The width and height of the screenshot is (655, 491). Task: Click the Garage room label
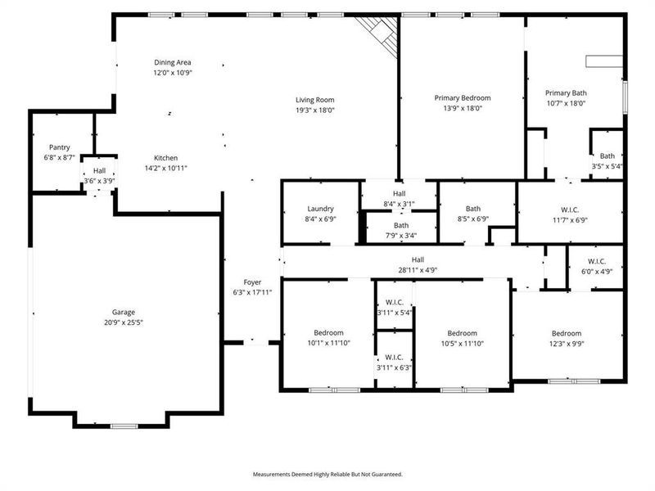124,312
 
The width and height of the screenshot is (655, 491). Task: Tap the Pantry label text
59,147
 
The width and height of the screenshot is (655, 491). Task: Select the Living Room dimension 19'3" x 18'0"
315,110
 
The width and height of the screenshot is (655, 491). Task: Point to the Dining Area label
173,62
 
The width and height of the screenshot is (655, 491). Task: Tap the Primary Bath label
567,93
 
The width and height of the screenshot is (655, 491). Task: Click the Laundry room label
320,209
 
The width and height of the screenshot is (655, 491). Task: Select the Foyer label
252,282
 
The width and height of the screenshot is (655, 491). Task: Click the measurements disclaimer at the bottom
327,474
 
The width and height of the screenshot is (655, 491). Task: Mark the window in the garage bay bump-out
123,426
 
